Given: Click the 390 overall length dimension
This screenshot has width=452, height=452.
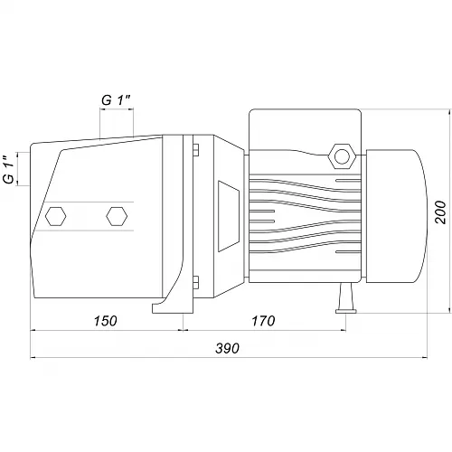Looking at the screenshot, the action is coord(228,348).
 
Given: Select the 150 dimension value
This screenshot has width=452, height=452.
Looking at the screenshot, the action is coord(105,321).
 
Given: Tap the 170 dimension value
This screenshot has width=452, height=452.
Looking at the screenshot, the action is coord(263,321).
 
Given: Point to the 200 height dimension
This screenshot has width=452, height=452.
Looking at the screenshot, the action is coord(440,212).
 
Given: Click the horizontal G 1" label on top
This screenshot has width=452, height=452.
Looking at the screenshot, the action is coord(116,100).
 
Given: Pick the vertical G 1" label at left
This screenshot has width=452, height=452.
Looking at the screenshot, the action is coord(9,170).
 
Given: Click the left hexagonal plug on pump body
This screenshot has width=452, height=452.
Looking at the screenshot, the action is coord(56,216).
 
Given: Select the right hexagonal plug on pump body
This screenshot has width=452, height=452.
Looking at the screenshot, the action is coord(117,216).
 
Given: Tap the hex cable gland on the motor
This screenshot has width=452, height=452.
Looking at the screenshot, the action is coord(342,156).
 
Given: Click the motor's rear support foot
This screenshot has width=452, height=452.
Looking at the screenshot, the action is coord(346,298).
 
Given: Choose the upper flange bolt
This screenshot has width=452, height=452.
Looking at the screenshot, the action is coord(195,150).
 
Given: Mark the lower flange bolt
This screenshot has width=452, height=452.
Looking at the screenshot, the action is coord(195,282).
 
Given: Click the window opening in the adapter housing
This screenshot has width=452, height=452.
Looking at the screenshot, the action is coord(228,216).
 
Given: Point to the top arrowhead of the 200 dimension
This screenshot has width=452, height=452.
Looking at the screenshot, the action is coord(450,112).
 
